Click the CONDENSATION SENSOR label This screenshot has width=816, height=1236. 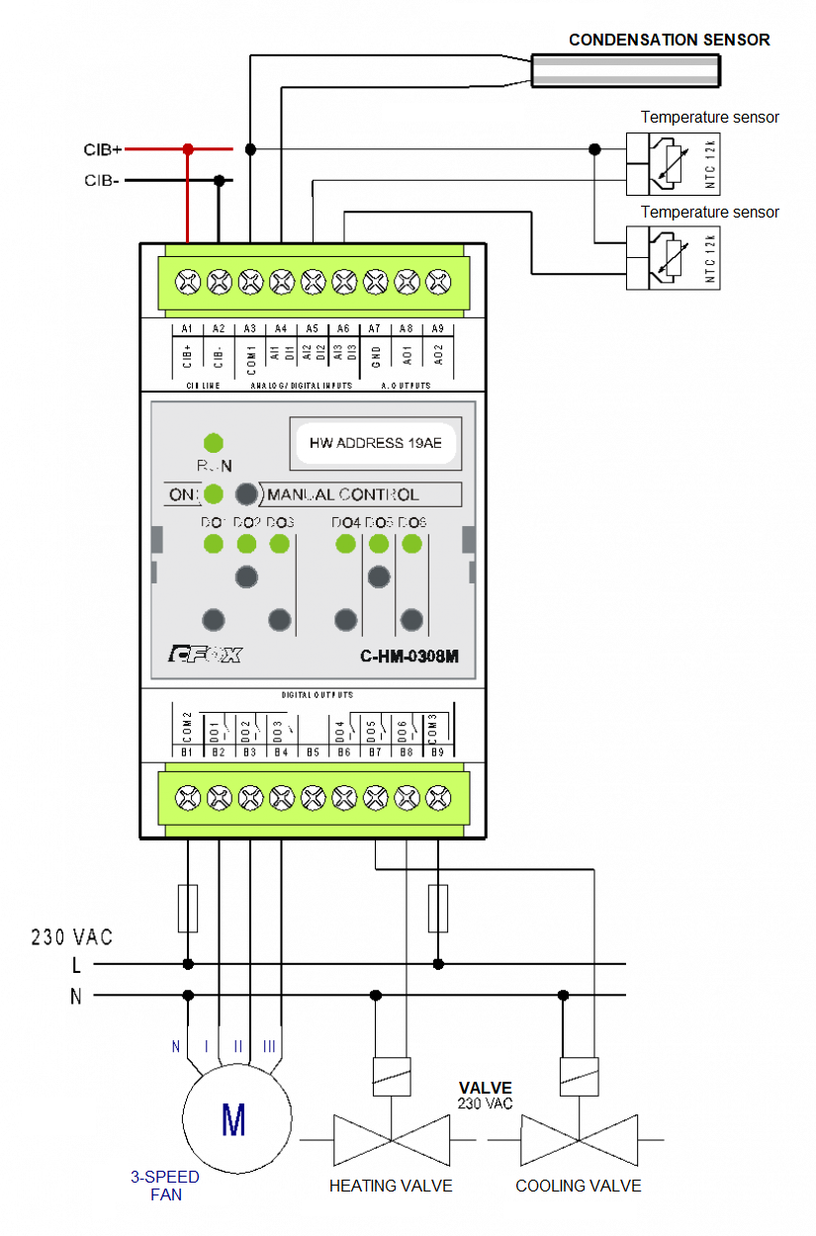coord(669,40)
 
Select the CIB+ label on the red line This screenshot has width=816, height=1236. coord(102,150)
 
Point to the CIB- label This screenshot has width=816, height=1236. coord(101,181)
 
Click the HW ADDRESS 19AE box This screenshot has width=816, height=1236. coord(376,443)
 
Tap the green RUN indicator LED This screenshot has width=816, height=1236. coord(213,442)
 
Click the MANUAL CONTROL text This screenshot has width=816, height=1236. coord(343,494)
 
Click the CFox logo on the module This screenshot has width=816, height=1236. coord(205,654)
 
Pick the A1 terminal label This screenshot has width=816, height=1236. coord(187,328)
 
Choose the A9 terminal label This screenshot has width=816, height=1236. coord(437,328)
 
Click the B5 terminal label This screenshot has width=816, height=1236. coord(313,752)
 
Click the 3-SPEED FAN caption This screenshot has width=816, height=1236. coord(165,1186)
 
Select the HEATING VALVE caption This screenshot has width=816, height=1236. coord(391,1186)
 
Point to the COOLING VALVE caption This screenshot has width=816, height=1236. coord(578,1186)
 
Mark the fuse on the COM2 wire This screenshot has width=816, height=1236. coord(188,909)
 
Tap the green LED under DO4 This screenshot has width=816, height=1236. coord(345,543)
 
